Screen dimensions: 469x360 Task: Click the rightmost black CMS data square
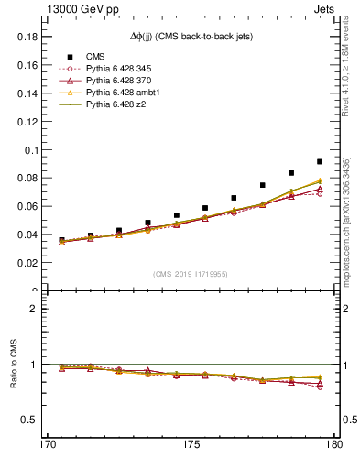click(x=320, y=161)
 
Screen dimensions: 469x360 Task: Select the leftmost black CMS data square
click(x=62, y=240)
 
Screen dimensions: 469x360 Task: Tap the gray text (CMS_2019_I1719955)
click(x=191, y=273)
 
